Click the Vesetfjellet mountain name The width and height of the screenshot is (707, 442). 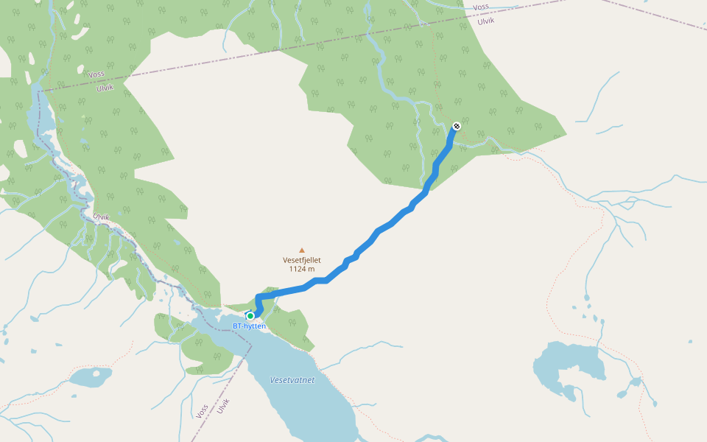pos(302,260)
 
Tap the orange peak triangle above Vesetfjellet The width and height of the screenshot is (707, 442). pos(302,250)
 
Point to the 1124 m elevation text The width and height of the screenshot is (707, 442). pos(302,269)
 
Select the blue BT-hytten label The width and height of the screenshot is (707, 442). pos(249,326)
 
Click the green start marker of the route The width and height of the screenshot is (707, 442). pos(250,316)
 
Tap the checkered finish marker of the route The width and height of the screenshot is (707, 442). pos(457,127)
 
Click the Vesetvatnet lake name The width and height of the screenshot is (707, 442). pos(292,380)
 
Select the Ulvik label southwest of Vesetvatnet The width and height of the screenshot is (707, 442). pos(224,406)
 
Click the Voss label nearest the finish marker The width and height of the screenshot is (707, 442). pos(481,7)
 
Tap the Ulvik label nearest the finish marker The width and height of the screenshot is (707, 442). pos(485,21)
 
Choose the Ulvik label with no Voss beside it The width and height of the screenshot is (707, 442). pos(101,217)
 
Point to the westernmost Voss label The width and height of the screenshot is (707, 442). pos(96,74)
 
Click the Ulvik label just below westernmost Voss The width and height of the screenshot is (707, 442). pos(105,88)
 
